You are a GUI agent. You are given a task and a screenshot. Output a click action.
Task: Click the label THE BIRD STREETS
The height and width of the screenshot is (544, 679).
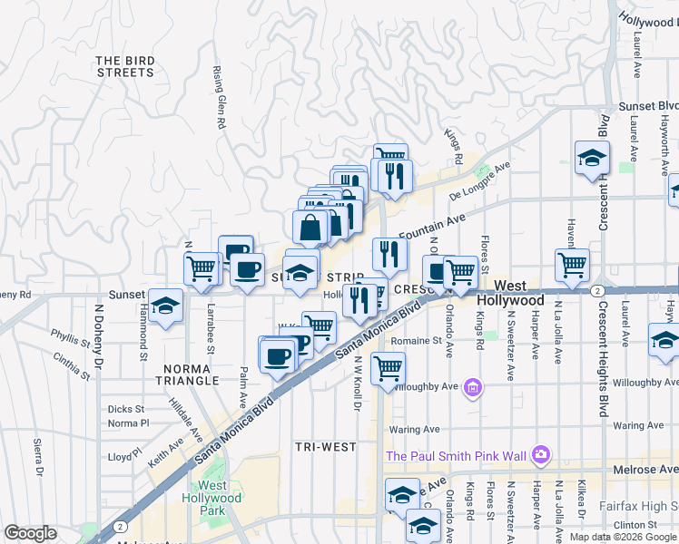tap(125, 66)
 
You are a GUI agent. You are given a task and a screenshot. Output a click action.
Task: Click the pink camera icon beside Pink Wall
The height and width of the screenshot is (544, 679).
tap(541, 453)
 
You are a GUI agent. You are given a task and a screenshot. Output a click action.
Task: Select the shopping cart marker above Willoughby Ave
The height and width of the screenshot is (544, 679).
tap(389, 368)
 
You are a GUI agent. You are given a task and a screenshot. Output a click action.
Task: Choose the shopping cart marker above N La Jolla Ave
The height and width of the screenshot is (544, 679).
tap(572, 265)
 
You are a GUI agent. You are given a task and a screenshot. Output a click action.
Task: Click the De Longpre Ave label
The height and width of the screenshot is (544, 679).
tap(480, 181)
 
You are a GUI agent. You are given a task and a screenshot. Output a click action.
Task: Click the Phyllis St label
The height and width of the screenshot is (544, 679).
tap(69, 338)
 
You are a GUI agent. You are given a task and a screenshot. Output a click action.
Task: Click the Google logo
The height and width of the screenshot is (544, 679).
tap(31, 532)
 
